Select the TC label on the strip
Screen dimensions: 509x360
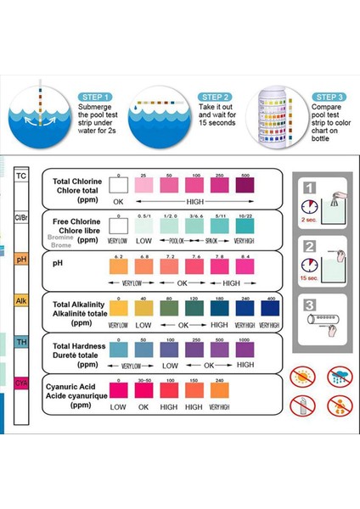tap(21, 176)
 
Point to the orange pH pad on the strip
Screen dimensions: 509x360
tap(21, 259)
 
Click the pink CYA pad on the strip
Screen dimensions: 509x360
tap(21, 383)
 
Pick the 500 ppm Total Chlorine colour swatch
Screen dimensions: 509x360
tap(245, 185)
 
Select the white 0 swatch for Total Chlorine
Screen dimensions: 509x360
tap(119, 185)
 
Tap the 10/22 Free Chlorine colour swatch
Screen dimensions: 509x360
tap(245, 227)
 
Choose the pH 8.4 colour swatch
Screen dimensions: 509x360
tap(245, 267)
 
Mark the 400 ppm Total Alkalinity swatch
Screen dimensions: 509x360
tap(271, 309)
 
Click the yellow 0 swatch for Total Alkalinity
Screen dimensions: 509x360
tap(119, 309)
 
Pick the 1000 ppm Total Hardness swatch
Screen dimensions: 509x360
tap(245, 350)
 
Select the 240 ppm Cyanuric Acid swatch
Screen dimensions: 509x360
tap(220, 390)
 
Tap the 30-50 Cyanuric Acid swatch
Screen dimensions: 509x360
tap(144, 390)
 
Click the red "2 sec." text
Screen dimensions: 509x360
tap(309, 218)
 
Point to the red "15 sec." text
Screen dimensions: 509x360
tap(309, 277)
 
